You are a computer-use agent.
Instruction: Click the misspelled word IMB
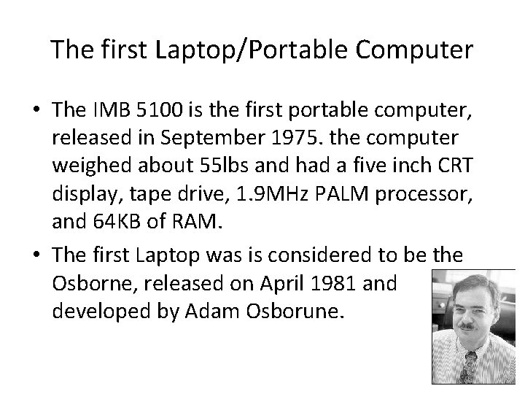click(x=107, y=110)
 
